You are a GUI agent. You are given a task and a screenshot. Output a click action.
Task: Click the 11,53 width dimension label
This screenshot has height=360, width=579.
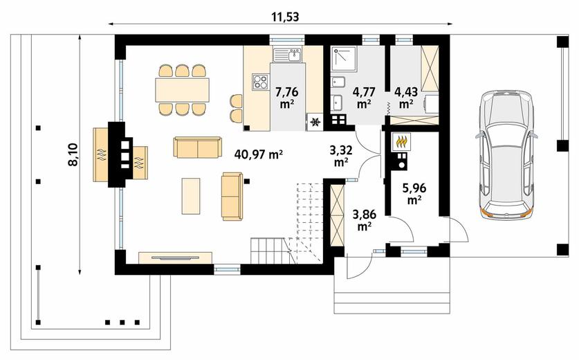pos(285,16)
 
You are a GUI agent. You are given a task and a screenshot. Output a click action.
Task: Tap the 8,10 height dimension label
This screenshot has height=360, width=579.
pos(73,154)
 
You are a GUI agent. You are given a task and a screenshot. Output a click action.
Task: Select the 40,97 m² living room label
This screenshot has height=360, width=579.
pos(259,154)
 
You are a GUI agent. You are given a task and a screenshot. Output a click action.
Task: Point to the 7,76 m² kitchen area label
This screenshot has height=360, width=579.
pos(287,97)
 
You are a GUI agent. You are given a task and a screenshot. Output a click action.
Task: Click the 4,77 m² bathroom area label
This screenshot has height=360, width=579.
pos(364,97)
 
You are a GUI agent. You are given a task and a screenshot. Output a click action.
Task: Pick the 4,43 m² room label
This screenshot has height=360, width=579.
pos(406,97)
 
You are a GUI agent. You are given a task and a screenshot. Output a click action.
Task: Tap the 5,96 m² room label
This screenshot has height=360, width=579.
pos(414,194)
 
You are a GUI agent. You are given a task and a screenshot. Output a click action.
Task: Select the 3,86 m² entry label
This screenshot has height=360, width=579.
pos(364,220)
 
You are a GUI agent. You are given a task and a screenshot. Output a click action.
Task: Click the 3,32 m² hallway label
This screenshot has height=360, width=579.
pos(340,156)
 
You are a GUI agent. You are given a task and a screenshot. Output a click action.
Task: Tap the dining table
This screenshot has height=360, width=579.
pos(182,89)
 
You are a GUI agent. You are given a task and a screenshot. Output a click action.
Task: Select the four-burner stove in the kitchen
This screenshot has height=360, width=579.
pos(259,82)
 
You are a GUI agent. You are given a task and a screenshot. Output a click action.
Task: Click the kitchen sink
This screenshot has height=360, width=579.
pos(287,55)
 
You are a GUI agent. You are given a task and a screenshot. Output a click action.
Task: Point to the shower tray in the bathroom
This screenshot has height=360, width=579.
pos(343,58)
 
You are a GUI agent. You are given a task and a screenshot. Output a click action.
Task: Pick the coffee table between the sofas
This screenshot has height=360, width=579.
pos(191,196)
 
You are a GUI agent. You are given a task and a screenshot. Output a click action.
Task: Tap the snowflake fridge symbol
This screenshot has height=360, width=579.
pos(315,122)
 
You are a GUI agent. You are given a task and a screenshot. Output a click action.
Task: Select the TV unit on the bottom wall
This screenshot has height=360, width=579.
pos(176,258)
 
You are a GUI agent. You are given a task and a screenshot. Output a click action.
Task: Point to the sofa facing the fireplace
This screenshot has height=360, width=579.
pos(232,196)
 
